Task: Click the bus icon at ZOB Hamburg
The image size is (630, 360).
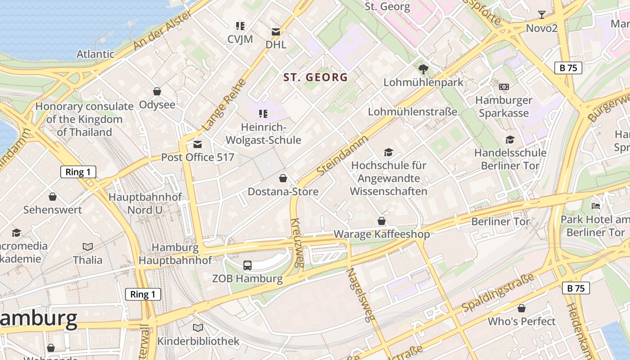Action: pos(247,265)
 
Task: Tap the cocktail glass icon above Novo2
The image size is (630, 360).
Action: pos(542,15)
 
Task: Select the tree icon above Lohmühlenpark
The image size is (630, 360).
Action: pos(423,69)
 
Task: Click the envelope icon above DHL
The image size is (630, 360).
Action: pos(276,32)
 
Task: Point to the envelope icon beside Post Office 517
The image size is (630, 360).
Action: pos(197,144)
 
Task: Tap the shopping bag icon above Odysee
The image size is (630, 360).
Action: pos(157,91)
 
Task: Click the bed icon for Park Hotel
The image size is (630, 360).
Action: pos(596,206)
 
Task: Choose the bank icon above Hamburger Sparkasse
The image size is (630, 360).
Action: pos(504,86)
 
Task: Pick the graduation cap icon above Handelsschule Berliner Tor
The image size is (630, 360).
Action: pos(510,139)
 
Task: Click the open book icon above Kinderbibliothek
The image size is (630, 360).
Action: pos(198,328)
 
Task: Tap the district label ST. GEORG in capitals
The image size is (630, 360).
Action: pos(315,77)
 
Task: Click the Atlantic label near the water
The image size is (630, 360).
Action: pos(95,54)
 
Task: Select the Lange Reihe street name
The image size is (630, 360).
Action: pos(224,105)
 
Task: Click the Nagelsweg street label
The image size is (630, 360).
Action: pos(360,295)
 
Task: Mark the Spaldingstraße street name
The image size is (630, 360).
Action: pos(498,292)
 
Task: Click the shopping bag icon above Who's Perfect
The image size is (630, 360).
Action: pos(522,308)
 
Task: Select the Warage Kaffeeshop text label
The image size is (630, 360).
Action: pos(382,234)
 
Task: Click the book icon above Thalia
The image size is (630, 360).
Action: pos(88,247)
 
